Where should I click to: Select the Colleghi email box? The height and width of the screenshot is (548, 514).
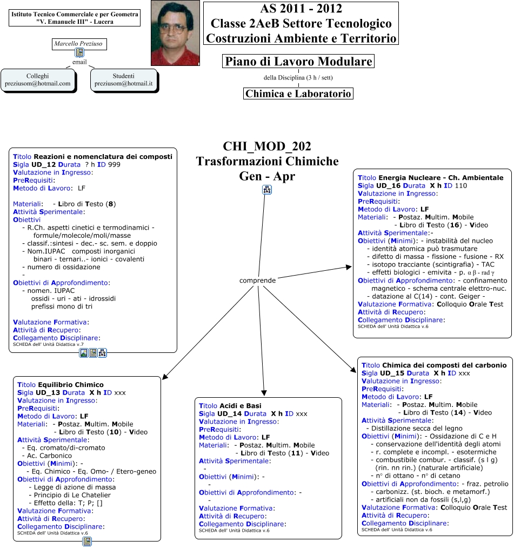pyautogui.click(x=38, y=80)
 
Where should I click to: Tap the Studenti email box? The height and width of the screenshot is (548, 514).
pyautogui.click(x=124, y=80)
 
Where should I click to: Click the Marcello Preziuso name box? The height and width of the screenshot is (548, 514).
pyautogui.click(x=79, y=44)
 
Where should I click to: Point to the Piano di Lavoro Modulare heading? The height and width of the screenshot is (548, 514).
pyautogui.click(x=298, y=62)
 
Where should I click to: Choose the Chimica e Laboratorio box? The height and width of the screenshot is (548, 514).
pyautogui.click(x=298, y=93)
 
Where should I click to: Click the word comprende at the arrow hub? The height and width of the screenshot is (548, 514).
pyautogui.click(x=258, y=280)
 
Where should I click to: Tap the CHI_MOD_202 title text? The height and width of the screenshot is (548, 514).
pyautogui.click(x=267, y=146)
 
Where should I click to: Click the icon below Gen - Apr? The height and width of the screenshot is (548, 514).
pyautogui.click(x=267, y=189)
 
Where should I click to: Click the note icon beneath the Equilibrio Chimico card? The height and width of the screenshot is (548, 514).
pyautogui.click(x=86, y=542)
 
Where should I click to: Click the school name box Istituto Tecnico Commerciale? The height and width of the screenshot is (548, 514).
pyautogui.click(x=75, y=17)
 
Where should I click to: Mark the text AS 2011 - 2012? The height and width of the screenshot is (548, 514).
pyautogui.click(x=301, y=9)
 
